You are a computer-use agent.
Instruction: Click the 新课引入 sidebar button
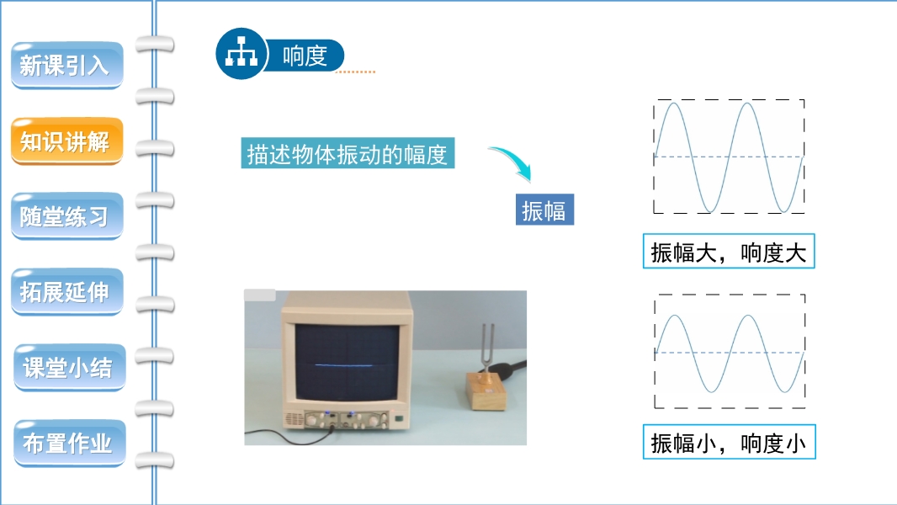pos(67,65)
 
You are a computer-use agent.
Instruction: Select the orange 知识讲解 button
pos(67,141)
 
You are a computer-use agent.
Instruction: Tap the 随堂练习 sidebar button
pos(67,216)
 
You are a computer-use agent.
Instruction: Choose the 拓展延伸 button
pos(67,292)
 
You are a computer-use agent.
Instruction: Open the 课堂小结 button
pos(69,367)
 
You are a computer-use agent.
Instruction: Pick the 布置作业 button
pos(69,443)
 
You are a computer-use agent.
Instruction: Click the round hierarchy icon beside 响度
pos(241,54)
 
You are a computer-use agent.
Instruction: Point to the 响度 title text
pos(305,56)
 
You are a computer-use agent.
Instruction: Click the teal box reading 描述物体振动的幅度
pos(348,153)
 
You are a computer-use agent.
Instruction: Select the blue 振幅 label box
pos(544,210)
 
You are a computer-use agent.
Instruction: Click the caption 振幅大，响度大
pos(728,251)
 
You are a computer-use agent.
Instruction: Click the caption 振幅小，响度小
pos(729,442)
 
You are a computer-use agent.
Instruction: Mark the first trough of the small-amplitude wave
pos(711,391)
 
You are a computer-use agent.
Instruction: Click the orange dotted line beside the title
pos(355,72)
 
